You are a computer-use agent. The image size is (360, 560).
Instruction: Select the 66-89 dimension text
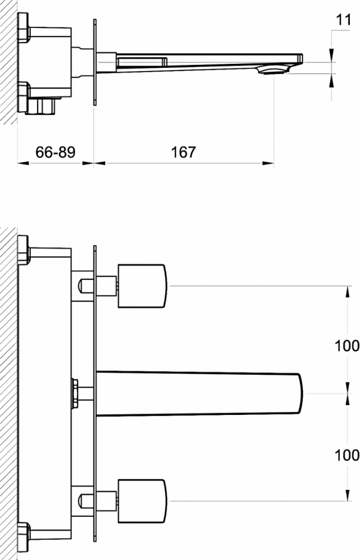tap(55, 152)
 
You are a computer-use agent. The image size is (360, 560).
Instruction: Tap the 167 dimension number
tap(184, 152)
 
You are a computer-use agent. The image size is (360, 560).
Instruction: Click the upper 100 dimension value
tap(347, 346)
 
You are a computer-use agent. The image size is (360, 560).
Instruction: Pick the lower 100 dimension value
tap(347, 455)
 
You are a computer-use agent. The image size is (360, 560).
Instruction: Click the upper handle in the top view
tap(142, 286)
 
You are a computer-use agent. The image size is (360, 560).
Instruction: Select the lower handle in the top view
tap(142, 501)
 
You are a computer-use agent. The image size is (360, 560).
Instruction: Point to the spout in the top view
tap(199, 393)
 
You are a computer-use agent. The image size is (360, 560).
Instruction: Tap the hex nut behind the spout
tap(74, 393)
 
